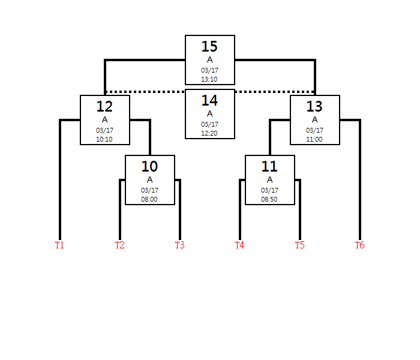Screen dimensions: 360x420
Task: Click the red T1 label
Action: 59,245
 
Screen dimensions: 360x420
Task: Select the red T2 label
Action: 119,245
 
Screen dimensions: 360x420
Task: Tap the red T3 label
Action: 179,245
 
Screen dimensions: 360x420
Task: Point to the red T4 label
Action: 239,245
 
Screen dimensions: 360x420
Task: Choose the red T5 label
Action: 299,245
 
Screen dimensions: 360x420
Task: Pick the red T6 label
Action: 359,245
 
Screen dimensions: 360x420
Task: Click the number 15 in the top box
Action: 209,46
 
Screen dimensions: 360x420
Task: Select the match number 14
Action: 209,100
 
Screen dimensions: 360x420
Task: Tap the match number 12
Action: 104,106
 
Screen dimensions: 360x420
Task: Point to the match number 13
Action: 314,106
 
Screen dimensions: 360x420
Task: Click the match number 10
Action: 149,166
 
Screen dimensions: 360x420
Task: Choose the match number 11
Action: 269,166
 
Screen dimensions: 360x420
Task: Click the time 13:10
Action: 209,79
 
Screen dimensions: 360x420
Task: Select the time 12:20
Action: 209,133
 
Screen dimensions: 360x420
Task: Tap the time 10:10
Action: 104,139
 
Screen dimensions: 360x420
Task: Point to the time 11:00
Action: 314,139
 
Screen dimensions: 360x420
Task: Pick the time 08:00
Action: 149,199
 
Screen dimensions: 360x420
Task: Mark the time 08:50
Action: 269,199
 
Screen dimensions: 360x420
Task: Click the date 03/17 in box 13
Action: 314,130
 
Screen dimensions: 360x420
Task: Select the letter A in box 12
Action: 104,119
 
